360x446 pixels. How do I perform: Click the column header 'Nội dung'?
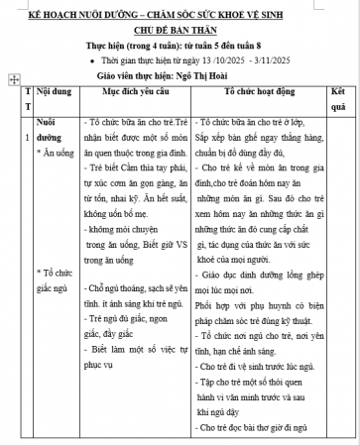click(x=61, y=89)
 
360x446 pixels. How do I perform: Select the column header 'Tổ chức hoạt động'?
click(x=262, y=89)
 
